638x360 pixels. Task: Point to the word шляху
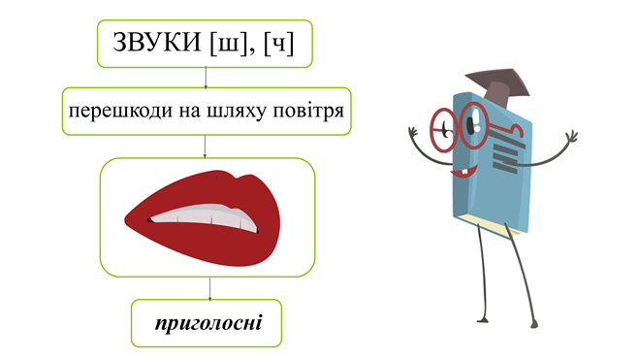coord(239,115)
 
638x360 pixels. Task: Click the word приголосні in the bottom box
coord(207,322)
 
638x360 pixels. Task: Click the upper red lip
coord(194,194)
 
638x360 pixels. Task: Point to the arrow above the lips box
coord(206,147)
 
